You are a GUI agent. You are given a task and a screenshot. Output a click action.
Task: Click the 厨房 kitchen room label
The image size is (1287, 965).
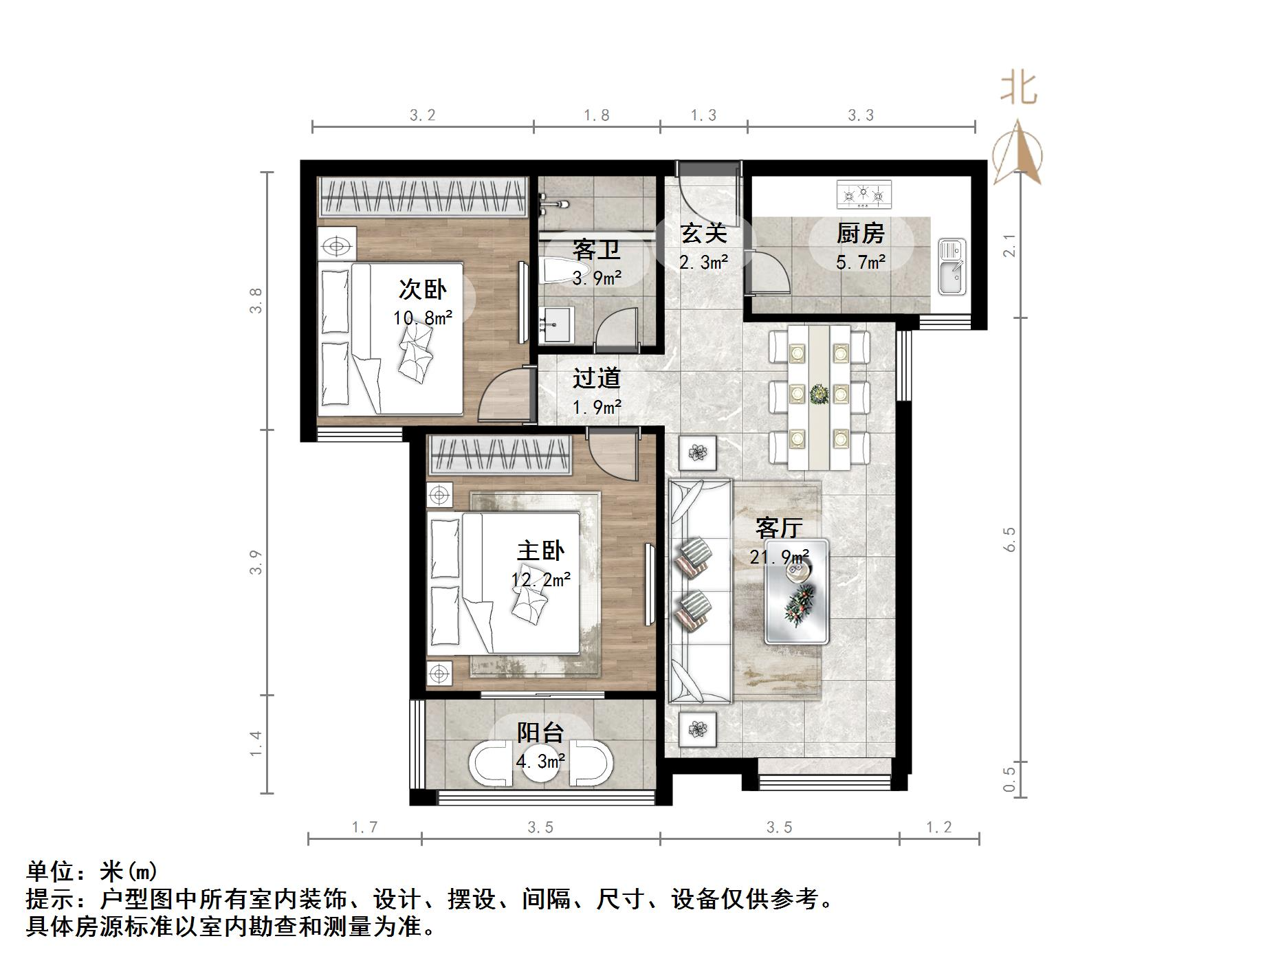[x=860, y=234]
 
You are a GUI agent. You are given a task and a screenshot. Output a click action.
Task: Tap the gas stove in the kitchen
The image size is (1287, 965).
[x=863, y=195]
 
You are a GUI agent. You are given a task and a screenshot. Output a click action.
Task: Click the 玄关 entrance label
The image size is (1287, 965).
[x=703, y=233]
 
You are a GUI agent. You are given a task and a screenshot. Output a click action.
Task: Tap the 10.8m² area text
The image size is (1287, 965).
[x=423, y=318]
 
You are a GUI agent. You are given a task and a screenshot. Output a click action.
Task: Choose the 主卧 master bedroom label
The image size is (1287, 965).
[x=541, y=551]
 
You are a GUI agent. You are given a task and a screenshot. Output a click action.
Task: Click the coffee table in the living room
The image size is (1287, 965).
[x=797, y=592]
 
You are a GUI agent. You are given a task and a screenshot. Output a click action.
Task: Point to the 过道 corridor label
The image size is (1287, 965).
[x=597, y=377]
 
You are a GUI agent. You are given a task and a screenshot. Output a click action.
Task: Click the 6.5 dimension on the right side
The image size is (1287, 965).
[x=1009, y=540]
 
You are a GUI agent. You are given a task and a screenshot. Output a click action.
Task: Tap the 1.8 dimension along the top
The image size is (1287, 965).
[x=596, y=115]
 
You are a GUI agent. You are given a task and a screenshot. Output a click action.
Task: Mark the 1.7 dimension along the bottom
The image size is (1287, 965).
[x=364, y=827]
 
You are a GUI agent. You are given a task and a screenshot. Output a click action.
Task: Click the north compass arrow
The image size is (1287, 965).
[x=1019, y=153]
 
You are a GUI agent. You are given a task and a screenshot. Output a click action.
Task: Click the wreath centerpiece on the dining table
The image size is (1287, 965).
[x=819, y=395]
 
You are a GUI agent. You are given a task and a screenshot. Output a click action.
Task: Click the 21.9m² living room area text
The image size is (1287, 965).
[x=779, y=556]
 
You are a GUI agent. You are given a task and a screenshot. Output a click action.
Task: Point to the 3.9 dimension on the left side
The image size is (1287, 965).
[x=256, y=562]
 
